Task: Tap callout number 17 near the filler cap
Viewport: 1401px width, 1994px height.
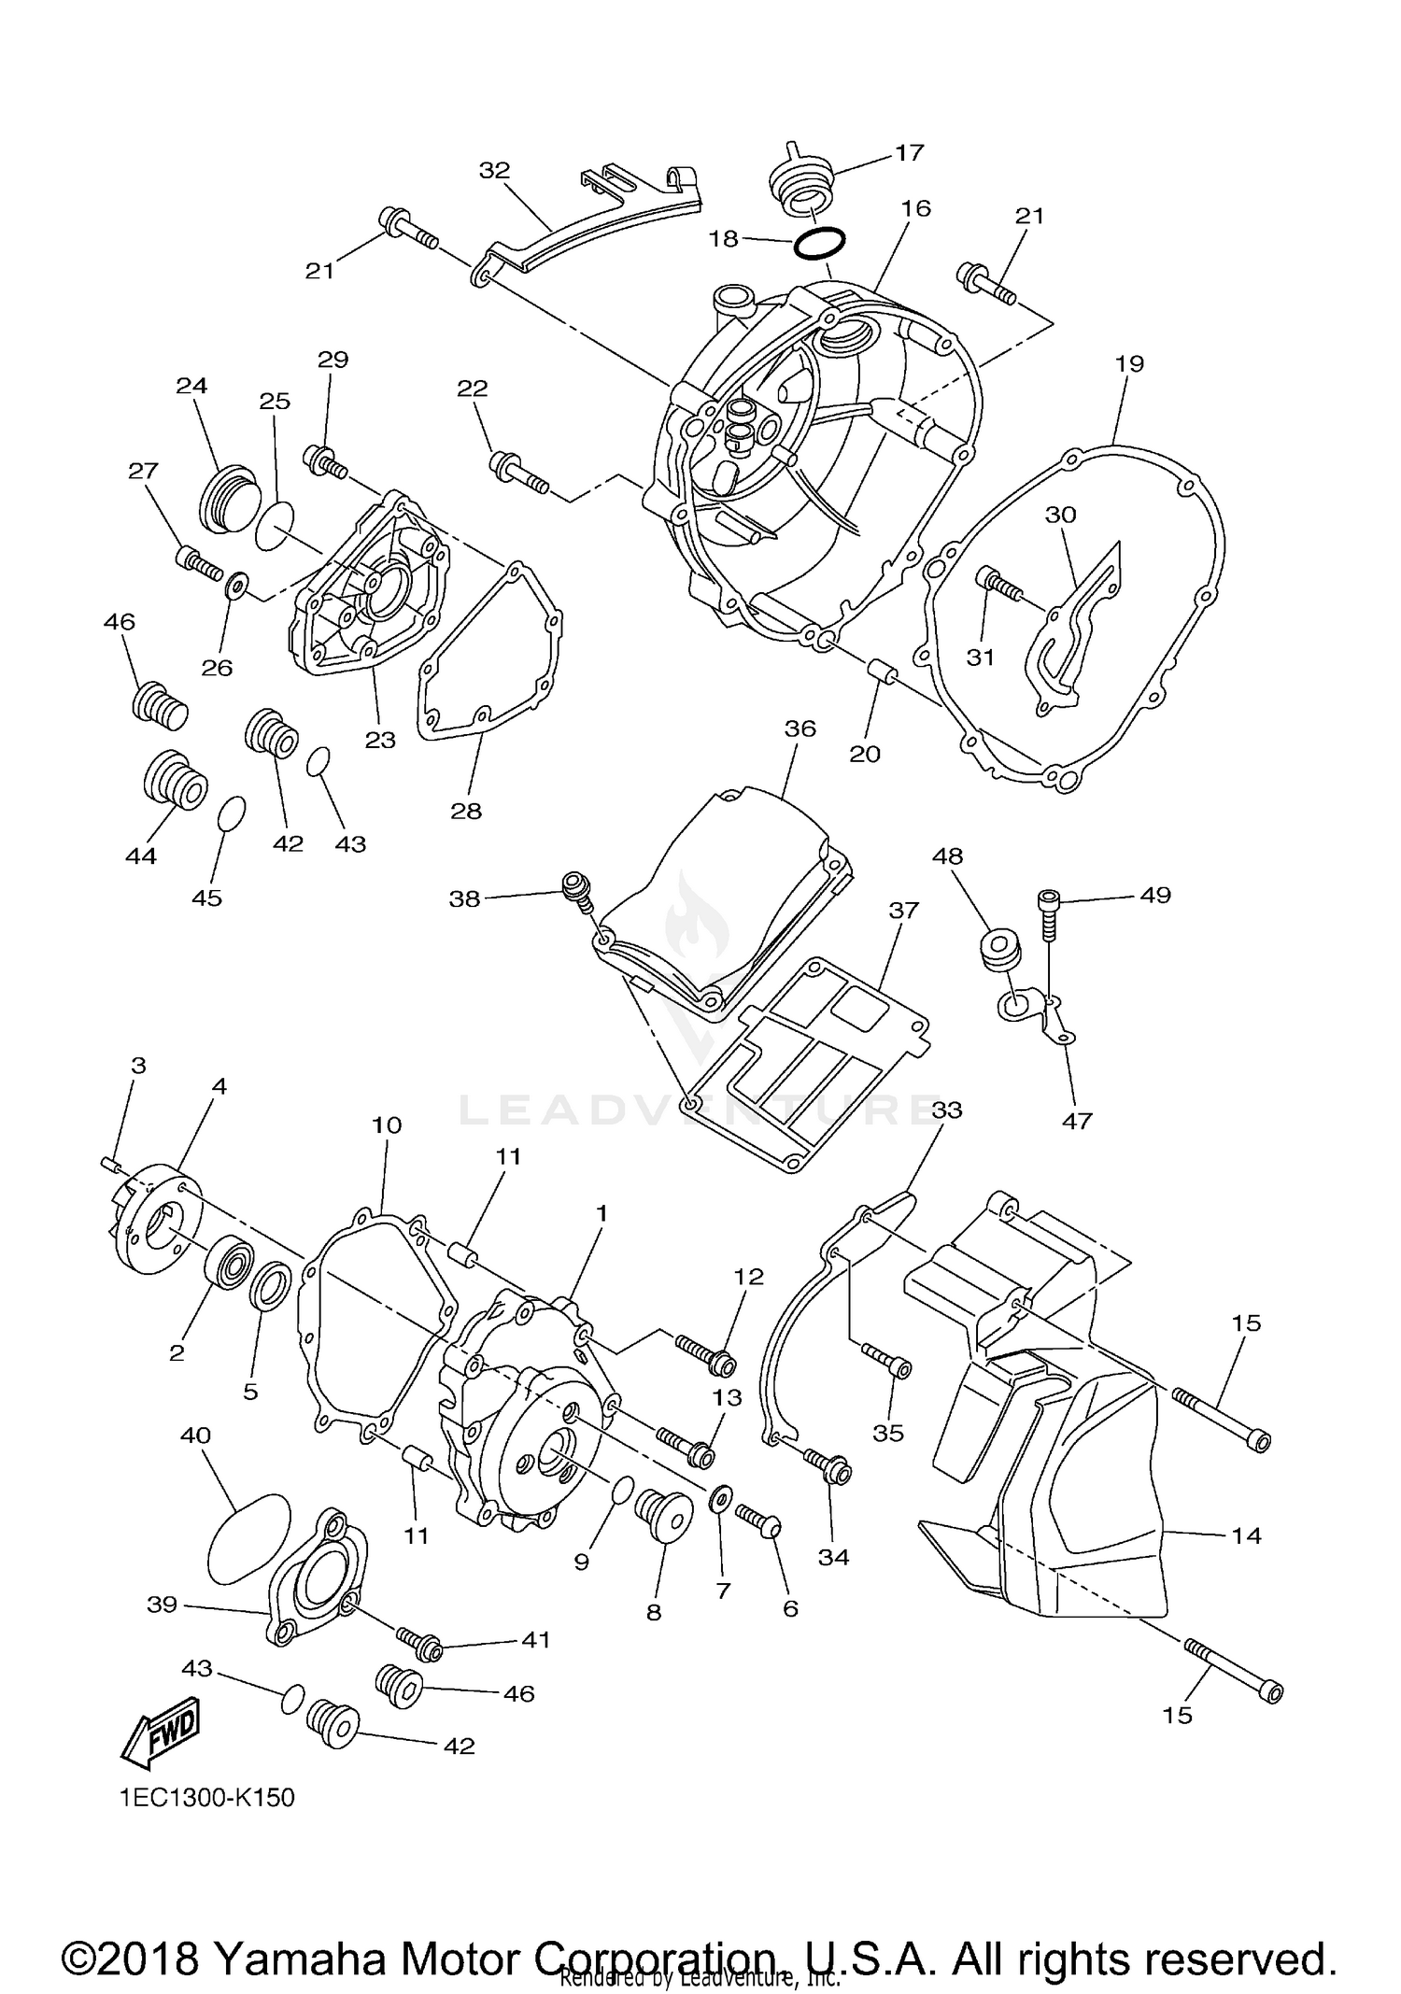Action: tap(908, 152)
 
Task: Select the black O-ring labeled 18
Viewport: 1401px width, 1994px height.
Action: tap(820, 244)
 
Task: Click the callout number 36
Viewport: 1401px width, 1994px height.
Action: tap(800, 728)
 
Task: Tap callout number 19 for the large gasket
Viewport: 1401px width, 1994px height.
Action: tap(1129, 363)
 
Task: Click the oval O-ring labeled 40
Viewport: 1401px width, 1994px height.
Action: tap(246, 1539)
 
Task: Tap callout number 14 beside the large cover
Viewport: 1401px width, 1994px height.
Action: tap(1246, 1535)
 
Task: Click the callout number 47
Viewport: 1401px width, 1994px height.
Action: tap(1076, 1120)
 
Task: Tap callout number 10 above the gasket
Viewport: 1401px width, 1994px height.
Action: tap(386, 1125)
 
